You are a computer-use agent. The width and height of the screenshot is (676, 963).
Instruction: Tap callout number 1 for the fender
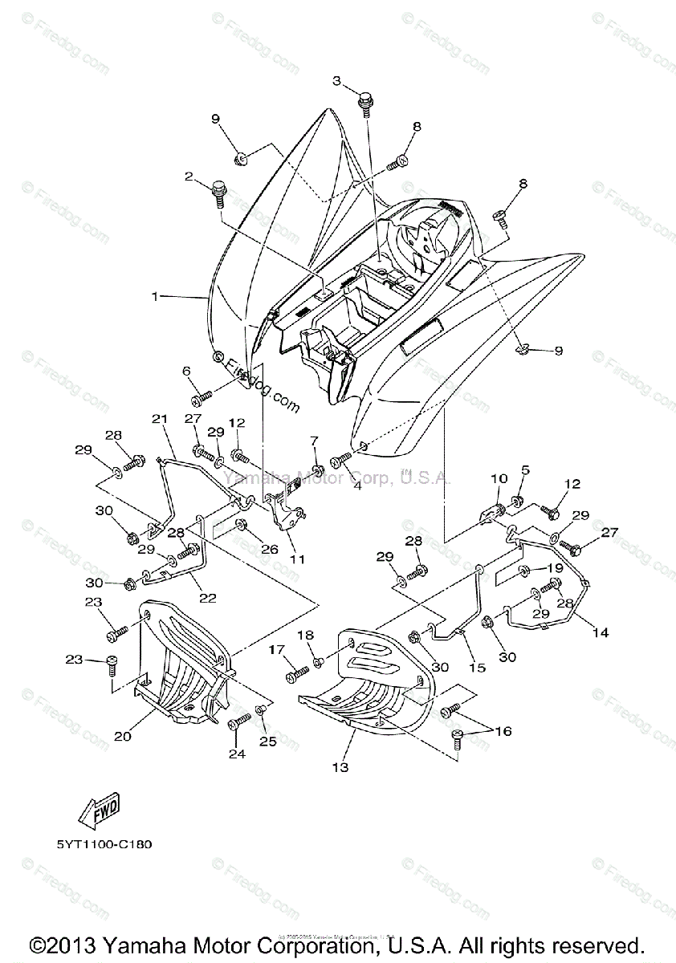(x=155, y=296)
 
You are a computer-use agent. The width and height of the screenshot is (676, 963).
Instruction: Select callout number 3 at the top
(x=337, y=80)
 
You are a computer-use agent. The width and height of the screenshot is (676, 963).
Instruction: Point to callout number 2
(x=189, y=176)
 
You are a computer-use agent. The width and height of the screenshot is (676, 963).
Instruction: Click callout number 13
(x=340, y=768)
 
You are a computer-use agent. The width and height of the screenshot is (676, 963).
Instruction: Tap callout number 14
(x=600, y=633)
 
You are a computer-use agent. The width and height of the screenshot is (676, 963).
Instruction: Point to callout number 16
(x=503, y=731)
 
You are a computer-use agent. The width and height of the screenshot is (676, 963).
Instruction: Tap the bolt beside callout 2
(x=218, y=193)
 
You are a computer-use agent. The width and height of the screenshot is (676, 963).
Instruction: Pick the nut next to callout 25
(x=262, y=710)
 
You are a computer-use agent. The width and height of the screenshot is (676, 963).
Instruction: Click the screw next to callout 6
(x=201, y=396)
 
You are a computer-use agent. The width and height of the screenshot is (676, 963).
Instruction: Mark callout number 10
(x=499, y=479)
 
